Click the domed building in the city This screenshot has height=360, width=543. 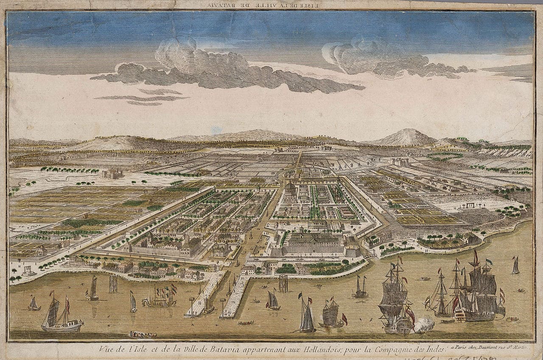[x=290, y=192]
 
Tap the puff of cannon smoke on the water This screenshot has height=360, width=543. [x=424, y=324]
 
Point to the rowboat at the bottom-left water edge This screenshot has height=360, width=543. [x=143, y=335]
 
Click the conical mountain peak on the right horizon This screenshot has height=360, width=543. [x=405, y=137]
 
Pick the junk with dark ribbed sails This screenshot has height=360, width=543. [x=331, y=314]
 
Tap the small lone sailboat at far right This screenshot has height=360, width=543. [x=516, y=265]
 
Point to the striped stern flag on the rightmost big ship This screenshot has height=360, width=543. [x=502, y=296]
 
